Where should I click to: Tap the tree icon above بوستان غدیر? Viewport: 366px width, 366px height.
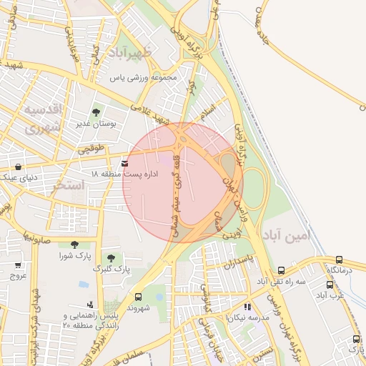point(96,112)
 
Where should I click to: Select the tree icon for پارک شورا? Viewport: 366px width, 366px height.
point(74,244)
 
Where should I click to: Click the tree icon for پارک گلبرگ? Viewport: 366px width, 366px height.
point(110,258)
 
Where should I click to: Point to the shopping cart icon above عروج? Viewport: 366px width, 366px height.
point(18,264)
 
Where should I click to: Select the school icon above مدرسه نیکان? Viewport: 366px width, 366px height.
point(247,307)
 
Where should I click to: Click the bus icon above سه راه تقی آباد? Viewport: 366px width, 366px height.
point(282,271)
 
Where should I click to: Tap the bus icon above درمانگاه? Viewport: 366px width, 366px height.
point(339,261)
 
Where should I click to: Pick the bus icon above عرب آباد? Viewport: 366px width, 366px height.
point(330,285)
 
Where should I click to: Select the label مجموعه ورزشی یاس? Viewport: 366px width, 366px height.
point(142,78)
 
